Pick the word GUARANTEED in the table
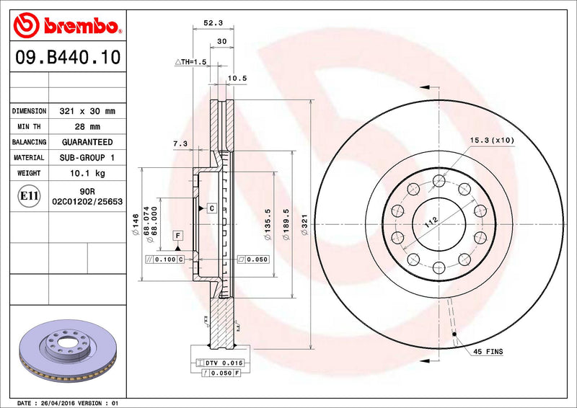click(87, 142)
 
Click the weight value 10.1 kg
click(87, 173)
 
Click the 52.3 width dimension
click(212, 23)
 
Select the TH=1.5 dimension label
click(190, 63)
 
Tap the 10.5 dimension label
click(237, 78)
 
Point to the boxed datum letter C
click(212, 208)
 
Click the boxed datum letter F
click(177, 236)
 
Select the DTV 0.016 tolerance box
click(220, 362)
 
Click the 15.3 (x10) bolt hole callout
click(492, 140)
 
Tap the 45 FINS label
click(488, 352)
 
